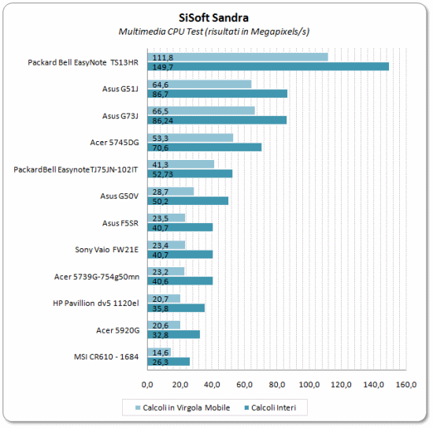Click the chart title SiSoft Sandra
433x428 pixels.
(x=213, y=17)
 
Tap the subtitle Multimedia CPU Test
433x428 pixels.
(x=161, y=32)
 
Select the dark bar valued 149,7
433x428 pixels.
(x=268, y=67)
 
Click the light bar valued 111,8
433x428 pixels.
(x=238, y=57)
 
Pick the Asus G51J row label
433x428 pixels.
(x=120, y=89)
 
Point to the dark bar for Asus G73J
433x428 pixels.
(x=217, y=121)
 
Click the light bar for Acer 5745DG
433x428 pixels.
(x=191, y=138)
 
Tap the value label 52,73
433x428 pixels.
(x=163, y=174)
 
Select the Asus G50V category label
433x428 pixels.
(x=119, y=196)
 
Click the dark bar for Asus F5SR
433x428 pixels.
(x=180, y=228)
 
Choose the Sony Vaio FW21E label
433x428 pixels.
(x=106, y=250)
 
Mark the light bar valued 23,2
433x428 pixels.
(x=166, y=271)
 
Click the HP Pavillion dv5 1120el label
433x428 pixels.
(x=96, y=303)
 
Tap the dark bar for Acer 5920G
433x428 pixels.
(x=174, y=334)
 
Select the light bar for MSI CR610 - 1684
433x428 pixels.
(x=159, y=352)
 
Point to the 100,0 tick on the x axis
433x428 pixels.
(x=309, y=385)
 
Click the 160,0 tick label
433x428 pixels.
(x=406, y=385)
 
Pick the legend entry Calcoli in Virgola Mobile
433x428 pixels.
(x=183, y=408)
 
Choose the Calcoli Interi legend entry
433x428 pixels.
(x=270, y=408)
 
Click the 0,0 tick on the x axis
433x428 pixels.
(x=147, y=385)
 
